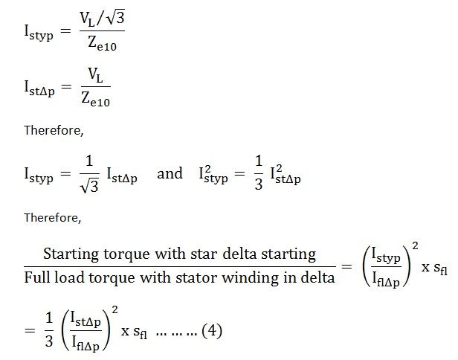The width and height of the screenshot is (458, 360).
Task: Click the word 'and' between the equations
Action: point(170,173)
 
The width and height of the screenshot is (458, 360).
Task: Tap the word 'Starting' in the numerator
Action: point(71,254)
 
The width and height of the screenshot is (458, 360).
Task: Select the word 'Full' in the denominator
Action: point(37,277)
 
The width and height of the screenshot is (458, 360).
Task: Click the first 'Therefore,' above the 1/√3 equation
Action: point(54,130)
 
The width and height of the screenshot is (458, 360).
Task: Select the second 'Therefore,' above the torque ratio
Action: point(53,218)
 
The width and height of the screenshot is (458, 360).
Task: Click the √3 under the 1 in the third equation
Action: point(90,185)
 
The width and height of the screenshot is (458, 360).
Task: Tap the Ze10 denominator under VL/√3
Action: point(103,44)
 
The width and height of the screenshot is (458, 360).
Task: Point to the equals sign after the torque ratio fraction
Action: point(346,266)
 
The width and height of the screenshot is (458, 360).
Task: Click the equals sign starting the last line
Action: point(30,330)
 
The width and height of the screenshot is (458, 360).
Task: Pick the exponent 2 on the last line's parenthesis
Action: point(115,309)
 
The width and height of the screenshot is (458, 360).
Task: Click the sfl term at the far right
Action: point(440,269)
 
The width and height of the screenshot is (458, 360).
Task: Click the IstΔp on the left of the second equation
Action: point(39,89)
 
